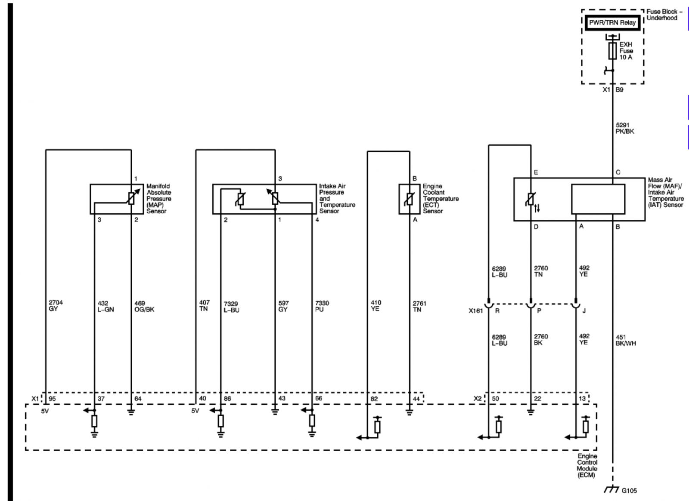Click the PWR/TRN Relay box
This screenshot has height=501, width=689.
pyautogui.click(x=612, y=23)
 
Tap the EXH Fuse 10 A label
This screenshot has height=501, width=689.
pyautogui.click(x=626, y=51)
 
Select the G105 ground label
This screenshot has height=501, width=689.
pyautogui.click(x=629, y=491)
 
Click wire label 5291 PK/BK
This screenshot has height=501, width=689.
pyautogui.click(x=625, y=128)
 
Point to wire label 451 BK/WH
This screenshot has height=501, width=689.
pyautogui.click(x=625, y=340)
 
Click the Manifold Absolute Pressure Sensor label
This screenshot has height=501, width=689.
pyautogui.click(x=159, y=198)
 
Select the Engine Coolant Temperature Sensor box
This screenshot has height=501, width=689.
pyautogui.click(x=410, y=199)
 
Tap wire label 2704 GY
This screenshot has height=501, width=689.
pyautogui.click(x=56, y=305)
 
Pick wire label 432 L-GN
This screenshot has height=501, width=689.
pyautogui.click(x=106, y=306)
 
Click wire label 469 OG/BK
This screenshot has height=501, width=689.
pyautogui.click(x=144, y=306)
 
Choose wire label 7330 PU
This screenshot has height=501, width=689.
pyautogui.click(x=322, y=306)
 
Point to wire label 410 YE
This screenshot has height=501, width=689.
pyautogui.click(x=376, y=306)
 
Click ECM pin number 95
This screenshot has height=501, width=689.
pyautogui.click(x=52, y=399)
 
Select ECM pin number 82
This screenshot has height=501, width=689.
pyautogui.click(x=374, y=399)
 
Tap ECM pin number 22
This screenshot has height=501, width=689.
pyautogui.click(x=537, y=399)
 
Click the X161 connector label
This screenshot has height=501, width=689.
pyautogui.click(x=476, y=311)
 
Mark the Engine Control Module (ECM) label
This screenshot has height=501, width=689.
pyautogui.click(x=587, y=466)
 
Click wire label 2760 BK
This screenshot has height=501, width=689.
pyautogui.click(x=541, y=339)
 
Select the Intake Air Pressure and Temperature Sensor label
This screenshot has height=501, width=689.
pyautogui.click(x=337, y=198)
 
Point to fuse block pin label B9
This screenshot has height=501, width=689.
pyautogui.click(x=619, y=90)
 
